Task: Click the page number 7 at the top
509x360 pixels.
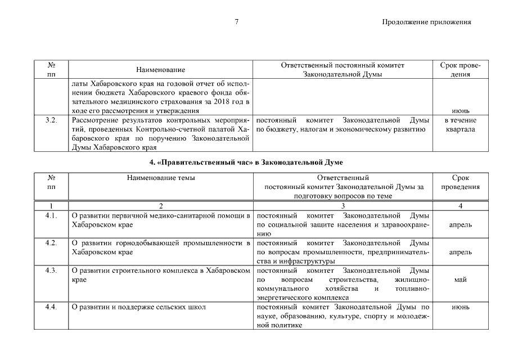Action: (x=237, y=22)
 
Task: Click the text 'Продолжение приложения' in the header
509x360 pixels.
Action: (x=426, y=22)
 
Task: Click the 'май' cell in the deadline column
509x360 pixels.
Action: (x=460, y=280)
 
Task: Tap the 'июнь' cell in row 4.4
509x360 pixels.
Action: (x=460, y=307)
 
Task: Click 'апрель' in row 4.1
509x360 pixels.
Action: (x=460, y=225)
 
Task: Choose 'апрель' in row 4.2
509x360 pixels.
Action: (x=460, y=252)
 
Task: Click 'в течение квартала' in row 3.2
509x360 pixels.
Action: (x=460, y=125)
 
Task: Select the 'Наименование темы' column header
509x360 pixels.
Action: (x=161, y=178)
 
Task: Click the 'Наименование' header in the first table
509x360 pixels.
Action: (x=161, y=70)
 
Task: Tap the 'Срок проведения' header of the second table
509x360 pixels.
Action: (x=460, y=182)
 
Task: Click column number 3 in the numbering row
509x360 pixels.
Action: (x=343, y=206)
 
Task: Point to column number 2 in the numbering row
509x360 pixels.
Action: (x=161, y=206)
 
